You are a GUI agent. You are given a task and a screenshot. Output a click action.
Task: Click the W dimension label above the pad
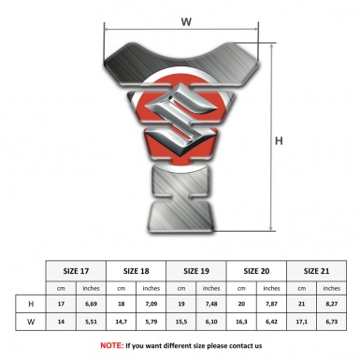point(186,22)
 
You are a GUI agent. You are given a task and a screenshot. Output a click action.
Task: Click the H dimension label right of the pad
point(279,141)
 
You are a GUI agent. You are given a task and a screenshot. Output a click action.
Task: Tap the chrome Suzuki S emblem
point(180,120)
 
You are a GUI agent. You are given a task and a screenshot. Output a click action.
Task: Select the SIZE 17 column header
point(76,271)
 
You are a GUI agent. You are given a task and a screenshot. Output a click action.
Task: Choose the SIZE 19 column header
point(196,271)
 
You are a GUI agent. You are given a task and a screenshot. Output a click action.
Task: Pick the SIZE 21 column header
point(316,271)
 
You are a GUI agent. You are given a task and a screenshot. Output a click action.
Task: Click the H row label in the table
point(31,304)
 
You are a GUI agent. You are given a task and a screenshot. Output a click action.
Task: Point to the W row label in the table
point(31,322)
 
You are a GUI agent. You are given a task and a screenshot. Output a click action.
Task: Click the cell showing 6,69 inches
point(91,304)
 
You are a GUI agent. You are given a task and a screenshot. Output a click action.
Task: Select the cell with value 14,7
point(121,322)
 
